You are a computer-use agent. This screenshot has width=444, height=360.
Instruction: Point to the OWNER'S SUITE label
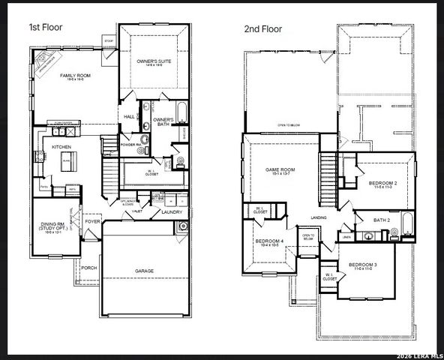click(154, 62)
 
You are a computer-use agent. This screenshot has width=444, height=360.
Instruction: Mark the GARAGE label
click(144, 270)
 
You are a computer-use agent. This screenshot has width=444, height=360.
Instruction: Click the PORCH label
click(89, 268)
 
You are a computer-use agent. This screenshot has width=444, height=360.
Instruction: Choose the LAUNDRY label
click(172, 212)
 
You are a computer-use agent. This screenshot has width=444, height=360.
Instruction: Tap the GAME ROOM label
click(280, 170)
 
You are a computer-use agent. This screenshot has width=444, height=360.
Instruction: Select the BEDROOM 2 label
click(382, 183)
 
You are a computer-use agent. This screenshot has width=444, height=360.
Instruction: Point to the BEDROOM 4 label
click(269, 240)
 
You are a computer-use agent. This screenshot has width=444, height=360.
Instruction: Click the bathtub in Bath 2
click(406, 223)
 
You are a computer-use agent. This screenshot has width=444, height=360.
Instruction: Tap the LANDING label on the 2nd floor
click(319, 218)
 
